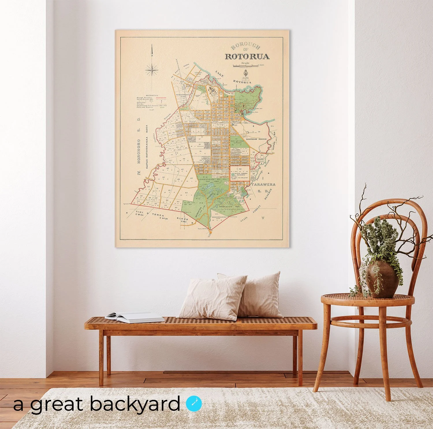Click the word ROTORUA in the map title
coord(247,56)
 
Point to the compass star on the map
coord(152,70)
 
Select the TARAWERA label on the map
coord(263,184)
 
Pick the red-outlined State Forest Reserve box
coord(240,173)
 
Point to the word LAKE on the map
coord(220,74)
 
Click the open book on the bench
coord(135,317)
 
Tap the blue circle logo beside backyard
coord(194,404)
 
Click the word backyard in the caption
coord(135,404)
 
